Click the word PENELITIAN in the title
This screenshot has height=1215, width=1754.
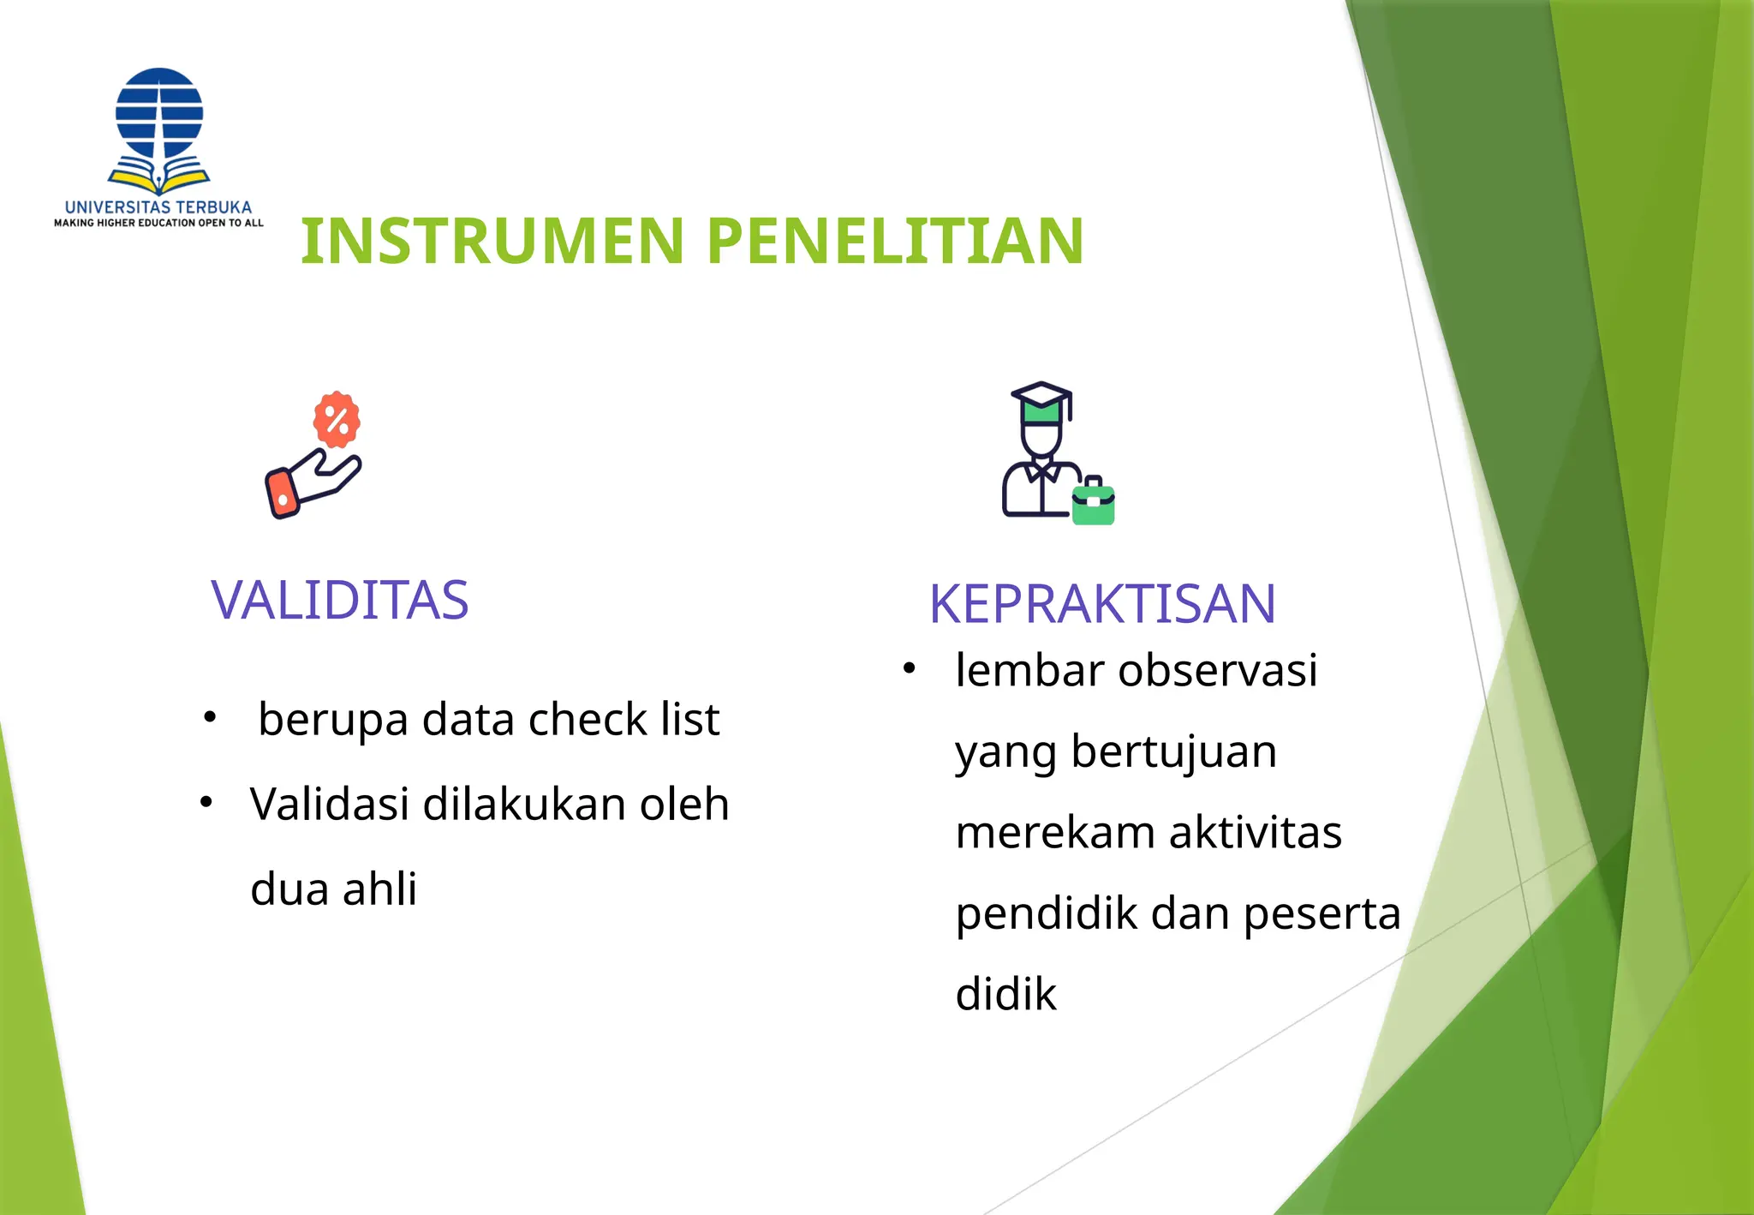pos(896,241)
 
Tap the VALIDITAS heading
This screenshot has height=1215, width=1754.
pos(340,600)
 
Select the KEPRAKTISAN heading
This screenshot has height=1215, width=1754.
pos(1102,604)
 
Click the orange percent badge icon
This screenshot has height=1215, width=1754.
pos(337,420)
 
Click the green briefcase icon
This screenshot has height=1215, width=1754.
pos(1094,503)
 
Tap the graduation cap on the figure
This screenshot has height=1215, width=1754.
pos(1041,400)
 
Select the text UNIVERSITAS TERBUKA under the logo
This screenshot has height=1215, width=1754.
pos(158,207)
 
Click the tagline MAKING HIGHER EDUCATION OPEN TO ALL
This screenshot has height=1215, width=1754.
pos(158,223)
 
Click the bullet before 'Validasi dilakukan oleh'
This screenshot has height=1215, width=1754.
pos(206,803)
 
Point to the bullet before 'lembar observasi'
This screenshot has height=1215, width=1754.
pos(910,668)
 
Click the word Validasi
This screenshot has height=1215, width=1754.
pos(330,805)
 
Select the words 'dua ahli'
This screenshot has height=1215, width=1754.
pos(333,889)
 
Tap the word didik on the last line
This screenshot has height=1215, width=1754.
pos(1005,994)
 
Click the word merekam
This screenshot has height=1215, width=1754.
pos(1054,832)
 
